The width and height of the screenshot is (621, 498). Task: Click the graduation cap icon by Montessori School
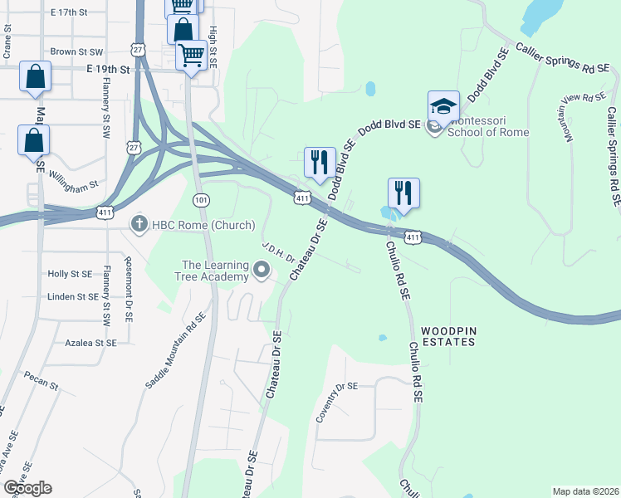point(443,107)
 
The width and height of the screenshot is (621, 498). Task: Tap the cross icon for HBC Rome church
point(139,223)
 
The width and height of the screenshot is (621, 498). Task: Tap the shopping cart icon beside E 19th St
point(192,56)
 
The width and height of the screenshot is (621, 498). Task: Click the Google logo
point(27,488)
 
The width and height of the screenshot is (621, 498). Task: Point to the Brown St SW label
point(76,51)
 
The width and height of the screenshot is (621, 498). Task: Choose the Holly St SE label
point(70,273)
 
